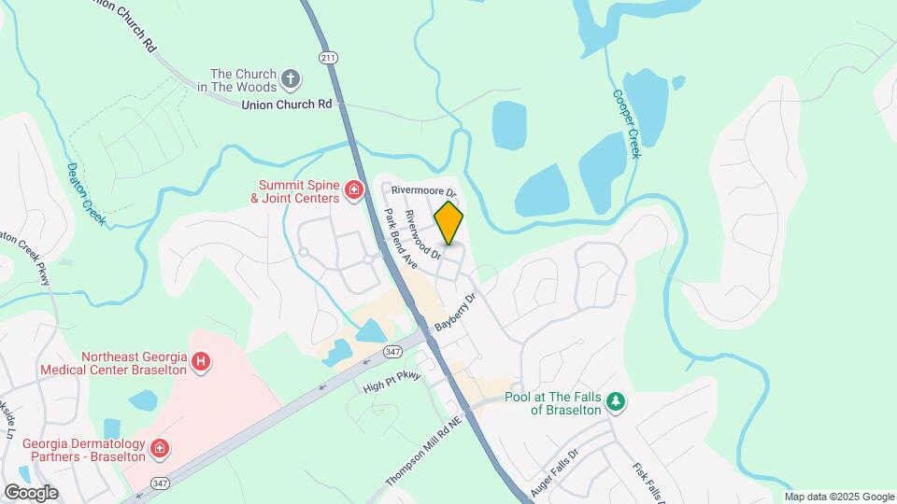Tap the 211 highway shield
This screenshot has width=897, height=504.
click(327, 58)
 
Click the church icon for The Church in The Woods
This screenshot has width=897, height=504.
click(292, 79)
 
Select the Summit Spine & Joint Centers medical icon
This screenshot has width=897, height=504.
click(354, 191)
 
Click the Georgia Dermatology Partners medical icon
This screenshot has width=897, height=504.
click(160, 450)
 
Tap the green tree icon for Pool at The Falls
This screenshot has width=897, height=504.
click(615, 402)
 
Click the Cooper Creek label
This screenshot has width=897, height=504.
click(625, 123)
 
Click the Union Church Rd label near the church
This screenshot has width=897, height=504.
click(287, 105)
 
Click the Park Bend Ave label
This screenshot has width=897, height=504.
click(400, 239)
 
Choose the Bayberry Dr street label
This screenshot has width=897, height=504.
click(456, 313)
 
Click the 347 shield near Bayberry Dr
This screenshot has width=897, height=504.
click(392, 351)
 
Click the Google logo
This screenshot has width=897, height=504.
click(31, 492)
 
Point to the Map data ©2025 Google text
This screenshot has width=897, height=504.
click(839, 497)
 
